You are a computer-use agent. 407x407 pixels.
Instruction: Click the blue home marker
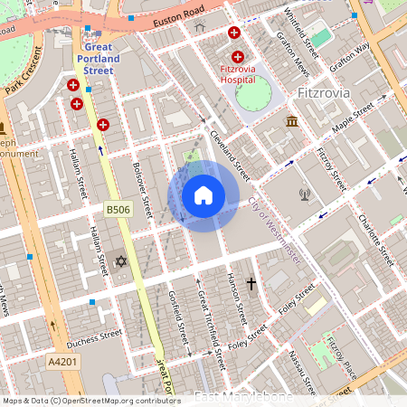point(203,195)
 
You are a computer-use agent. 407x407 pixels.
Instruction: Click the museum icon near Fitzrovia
point(292,121)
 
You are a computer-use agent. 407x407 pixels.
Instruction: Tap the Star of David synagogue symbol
point(121,261)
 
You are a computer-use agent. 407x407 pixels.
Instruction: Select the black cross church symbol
point(251,285)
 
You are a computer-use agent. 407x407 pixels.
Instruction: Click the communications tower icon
point(305,193)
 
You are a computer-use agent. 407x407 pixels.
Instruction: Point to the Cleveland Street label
point(229,151)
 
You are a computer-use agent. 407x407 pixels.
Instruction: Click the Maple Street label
point(352,119)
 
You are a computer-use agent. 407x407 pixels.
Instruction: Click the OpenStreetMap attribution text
point(90,400)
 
